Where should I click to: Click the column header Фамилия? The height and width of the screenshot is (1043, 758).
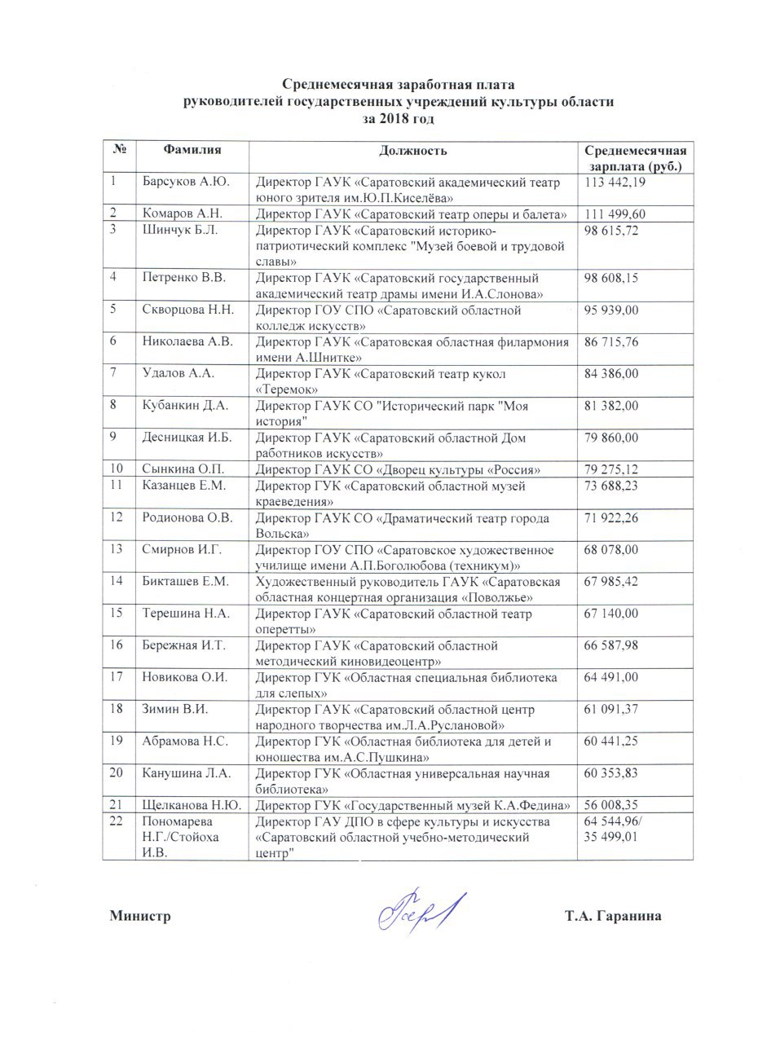192,150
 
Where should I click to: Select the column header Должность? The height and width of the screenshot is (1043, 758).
413,150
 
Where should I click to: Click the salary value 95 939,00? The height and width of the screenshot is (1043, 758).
612,310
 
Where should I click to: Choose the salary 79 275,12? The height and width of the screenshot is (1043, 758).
612,469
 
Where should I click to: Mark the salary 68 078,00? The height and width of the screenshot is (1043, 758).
612,549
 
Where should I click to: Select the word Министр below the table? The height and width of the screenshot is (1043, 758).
140,917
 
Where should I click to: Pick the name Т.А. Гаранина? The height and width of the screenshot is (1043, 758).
613,917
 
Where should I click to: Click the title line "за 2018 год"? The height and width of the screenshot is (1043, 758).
399,118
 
